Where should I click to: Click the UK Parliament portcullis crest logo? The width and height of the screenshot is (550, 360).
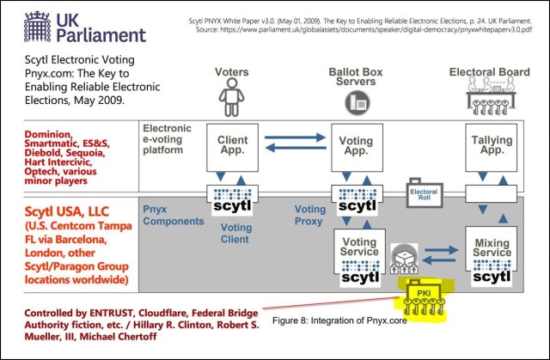click(x=38, y=27)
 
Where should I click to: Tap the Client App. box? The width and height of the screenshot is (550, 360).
click(x=232, y=147)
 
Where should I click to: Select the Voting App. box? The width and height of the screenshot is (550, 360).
click(x=357, y=147)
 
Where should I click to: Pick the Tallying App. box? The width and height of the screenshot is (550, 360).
click(x=491, y=147)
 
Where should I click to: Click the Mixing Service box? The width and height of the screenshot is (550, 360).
click(x=491, y=249)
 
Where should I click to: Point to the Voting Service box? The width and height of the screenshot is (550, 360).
click(x=359, y=251)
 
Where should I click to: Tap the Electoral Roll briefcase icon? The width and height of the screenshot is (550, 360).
click(x=424, y=192)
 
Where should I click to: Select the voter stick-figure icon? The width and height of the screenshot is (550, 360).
click(x=231, y=97)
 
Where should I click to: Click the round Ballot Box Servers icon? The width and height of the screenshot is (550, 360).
click(x=357, y=102)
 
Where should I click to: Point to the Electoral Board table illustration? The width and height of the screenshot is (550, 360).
click(x=491, y=95)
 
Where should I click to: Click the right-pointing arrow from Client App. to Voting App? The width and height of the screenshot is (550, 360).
click(x=295, y=137)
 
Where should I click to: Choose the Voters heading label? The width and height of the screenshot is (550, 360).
click(x=231, y=72)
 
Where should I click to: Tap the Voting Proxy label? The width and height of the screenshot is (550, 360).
click(x=309, y=216)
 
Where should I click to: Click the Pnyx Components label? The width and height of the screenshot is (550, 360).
click(x=174, y=216)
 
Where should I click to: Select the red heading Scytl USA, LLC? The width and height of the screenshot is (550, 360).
click(x=67, y=211)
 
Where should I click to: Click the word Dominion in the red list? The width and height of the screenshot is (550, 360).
click(x=48, y=134)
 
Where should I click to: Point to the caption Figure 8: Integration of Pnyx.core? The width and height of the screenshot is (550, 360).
click(x=339, y=320)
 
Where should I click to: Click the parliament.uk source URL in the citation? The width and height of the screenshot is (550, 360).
click(x=376, y=29)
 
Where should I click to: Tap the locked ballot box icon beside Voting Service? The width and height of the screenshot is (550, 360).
click(x=404, y=259)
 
